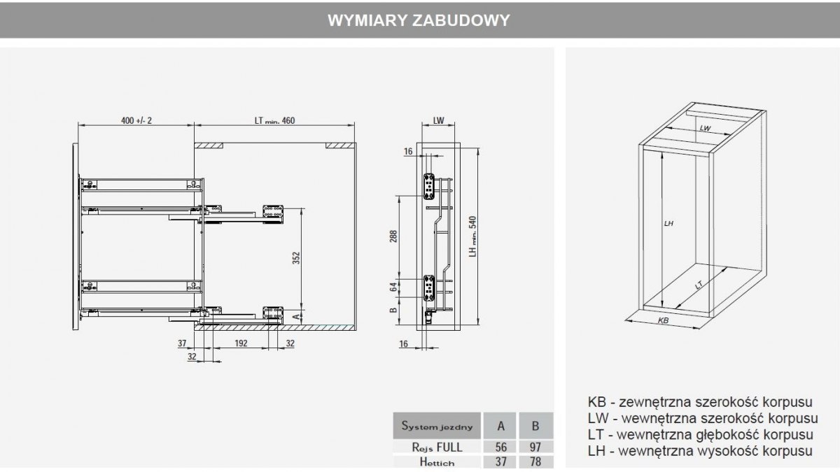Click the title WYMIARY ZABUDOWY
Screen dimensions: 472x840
[419, 20]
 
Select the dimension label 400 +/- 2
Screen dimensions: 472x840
[137, 120]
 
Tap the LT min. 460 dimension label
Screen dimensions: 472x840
[274, 120]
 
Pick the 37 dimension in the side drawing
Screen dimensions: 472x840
[181, 343]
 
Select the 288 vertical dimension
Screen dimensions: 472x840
[394, 237]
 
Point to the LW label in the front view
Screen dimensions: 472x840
[439, 120]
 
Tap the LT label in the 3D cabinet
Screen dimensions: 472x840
[699, 284]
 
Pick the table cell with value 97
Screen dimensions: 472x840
[536, 447]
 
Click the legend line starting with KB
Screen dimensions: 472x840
[699, 403]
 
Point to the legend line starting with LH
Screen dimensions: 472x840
[699, 451]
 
